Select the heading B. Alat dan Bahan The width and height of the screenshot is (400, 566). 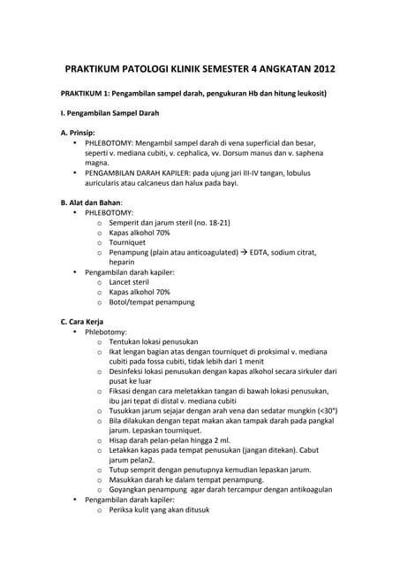click(x=90, y=202)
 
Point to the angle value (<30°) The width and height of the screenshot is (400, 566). click(x=321, y=410)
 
